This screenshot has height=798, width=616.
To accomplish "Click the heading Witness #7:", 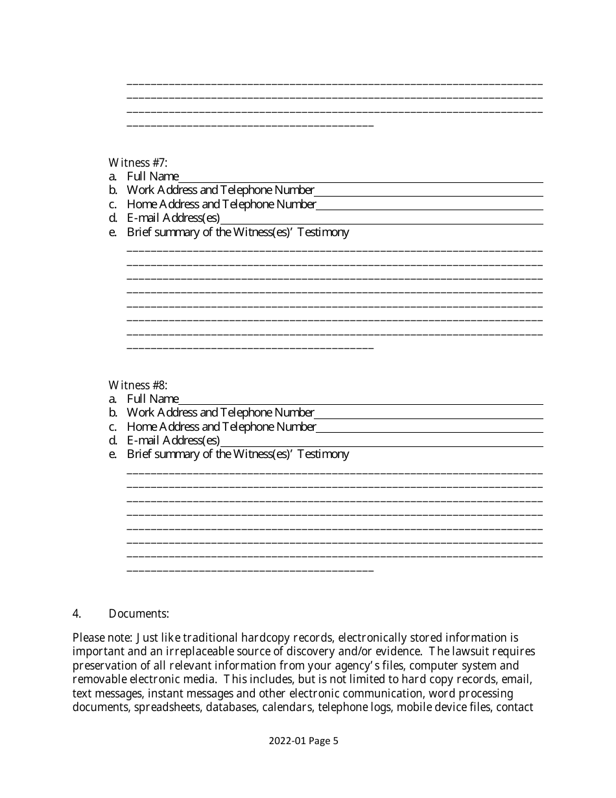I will click(137, 162).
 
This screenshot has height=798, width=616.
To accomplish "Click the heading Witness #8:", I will click(137, 385).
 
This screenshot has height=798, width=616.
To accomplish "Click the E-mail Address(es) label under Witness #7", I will click(173, 218).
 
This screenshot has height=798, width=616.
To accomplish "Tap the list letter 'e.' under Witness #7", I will click(113, 232).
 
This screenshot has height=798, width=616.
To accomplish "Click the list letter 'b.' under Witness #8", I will click(113, 413).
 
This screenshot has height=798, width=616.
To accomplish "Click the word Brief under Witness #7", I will click(139, 232).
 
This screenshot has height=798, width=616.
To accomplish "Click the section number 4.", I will click(77, 613).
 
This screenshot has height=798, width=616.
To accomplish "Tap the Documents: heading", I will click(139, 613).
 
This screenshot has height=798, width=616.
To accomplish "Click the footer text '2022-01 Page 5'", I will click(303, 741).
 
